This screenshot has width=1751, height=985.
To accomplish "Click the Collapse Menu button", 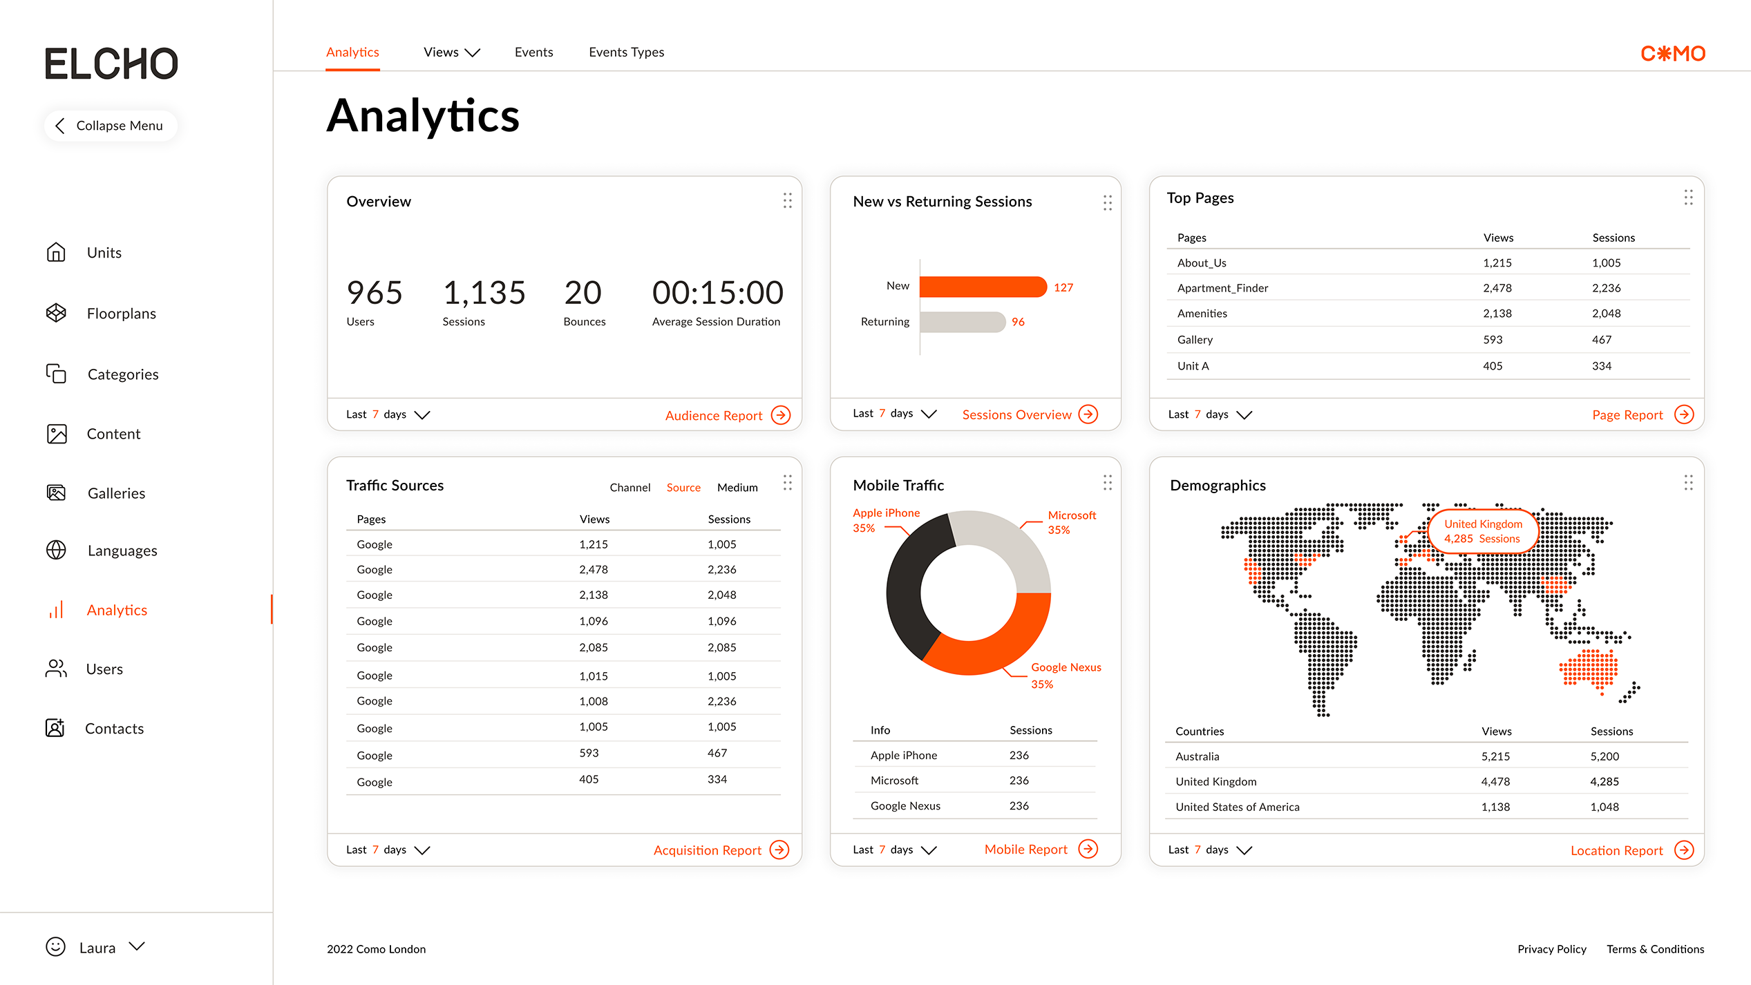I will [x=111, y=126].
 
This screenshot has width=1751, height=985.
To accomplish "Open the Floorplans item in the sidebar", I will [x=121, y=314].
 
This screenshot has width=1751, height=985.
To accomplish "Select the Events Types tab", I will [x=626, y=52].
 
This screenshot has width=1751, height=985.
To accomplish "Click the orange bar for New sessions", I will [x=982, y=287].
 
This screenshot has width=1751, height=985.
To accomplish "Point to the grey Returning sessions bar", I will [x=962, y=322].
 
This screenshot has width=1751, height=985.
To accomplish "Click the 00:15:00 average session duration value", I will [x=717, y=293].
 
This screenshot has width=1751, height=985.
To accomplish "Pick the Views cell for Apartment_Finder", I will [x=1497, y=288].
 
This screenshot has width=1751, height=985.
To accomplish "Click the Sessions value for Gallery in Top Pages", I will [x=1601, y=340].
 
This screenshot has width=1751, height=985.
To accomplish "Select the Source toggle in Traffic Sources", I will [x=683, y=488].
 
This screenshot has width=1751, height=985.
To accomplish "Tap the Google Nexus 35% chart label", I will [x=1065, y=675].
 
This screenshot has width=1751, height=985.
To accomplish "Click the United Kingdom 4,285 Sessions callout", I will [x=1482, y=531].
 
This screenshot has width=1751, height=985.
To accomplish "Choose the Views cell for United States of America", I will [x=1495, y=807].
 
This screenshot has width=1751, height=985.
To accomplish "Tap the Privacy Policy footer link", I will [x=1551, y=949].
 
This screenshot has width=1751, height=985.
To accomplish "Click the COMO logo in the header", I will [x=1672, y=53].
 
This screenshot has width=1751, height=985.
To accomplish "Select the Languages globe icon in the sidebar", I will [x=56, y=551].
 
